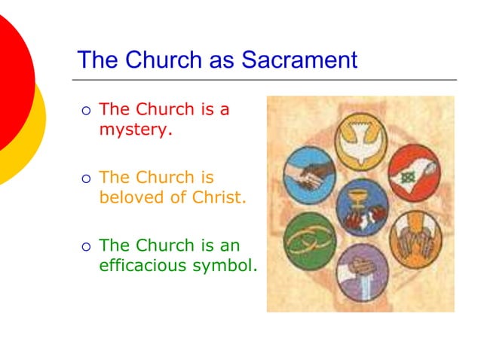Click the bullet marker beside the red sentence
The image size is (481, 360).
(85, 111)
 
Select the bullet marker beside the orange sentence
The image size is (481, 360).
(85, 179)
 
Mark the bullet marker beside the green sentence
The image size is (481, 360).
(85, 246)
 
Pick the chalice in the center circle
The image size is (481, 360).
(362, 203)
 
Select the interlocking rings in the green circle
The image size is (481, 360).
(309, 239)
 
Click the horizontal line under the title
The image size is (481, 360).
(264, 79)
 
